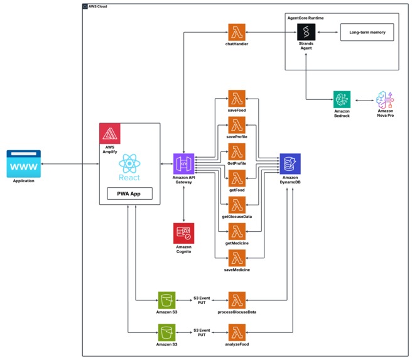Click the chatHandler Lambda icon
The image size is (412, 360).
tap(237, 31)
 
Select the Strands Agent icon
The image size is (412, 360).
tap(306, 31)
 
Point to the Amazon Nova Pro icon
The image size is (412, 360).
tap(385, 101)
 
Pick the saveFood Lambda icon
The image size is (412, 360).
tap(237, 98)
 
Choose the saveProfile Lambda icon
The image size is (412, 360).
tap(237, 124)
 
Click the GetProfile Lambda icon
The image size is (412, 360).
tap(237, 151)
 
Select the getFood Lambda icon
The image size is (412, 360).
tap(237, 178)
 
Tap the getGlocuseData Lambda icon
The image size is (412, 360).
tap(237, 205)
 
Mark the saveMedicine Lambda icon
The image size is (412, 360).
tap(237, 258)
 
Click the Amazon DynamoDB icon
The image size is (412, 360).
tap(290, 163)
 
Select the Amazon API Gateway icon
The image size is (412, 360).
tap(183, 163)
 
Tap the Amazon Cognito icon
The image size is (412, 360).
tap(183, 233)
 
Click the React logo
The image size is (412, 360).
tap(128, 164)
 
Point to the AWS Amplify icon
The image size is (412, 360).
tap(110, 134)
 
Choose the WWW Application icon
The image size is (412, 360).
tap(23, 163)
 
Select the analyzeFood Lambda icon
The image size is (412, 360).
tap(237, 332)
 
